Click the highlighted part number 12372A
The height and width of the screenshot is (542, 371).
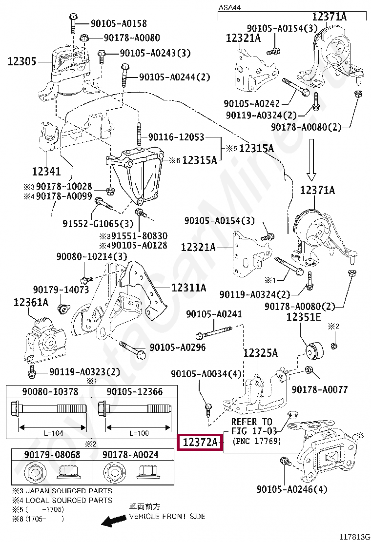click(x=200, y=443)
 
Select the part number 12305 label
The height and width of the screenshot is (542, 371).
click(x=21, y=61)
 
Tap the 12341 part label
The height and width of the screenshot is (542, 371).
click(x=46, y=171)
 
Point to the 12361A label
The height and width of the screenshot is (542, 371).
click(x=31, y=303)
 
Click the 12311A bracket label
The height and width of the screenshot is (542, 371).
click(x=188, y=288)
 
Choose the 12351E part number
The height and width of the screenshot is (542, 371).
click(x=303, y=317)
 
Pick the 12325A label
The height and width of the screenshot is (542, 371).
click(x=260, y=352)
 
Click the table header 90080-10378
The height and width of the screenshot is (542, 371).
click(x=50, y=391)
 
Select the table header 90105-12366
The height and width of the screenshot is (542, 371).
click(x=135, y=391)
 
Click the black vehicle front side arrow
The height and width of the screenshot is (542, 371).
click(x=113, y=522)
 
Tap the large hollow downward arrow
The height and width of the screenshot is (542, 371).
click(x=313, y=161)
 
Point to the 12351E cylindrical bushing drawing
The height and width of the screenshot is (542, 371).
click(x=312, y=348)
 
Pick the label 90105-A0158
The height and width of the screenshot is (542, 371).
click(x=118, y=23)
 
